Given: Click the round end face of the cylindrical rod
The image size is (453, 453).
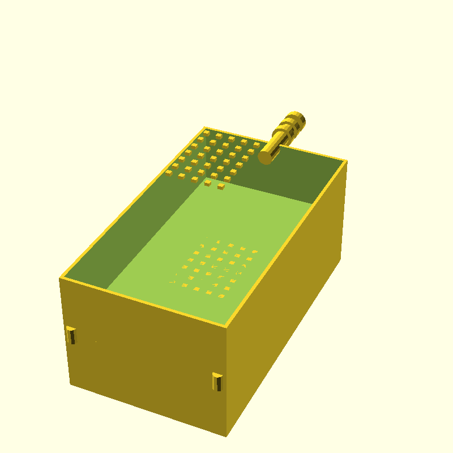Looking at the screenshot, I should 267,156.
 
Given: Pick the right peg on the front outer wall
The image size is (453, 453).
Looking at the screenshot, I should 217,381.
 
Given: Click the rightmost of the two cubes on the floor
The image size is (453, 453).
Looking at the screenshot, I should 221,186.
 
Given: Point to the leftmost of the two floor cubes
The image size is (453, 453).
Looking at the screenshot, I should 208,183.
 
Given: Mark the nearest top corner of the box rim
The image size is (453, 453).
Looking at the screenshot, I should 226,327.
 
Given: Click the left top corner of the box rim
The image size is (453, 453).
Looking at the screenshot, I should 60,278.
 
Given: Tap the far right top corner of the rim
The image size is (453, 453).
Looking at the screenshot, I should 345,161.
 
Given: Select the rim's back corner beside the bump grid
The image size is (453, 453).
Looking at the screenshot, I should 204,127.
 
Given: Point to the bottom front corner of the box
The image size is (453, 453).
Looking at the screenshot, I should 226,435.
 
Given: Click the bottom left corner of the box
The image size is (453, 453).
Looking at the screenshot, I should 70,384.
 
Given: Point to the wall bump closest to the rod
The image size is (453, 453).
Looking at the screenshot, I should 257,145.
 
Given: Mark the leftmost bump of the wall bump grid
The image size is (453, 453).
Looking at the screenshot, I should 169,173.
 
